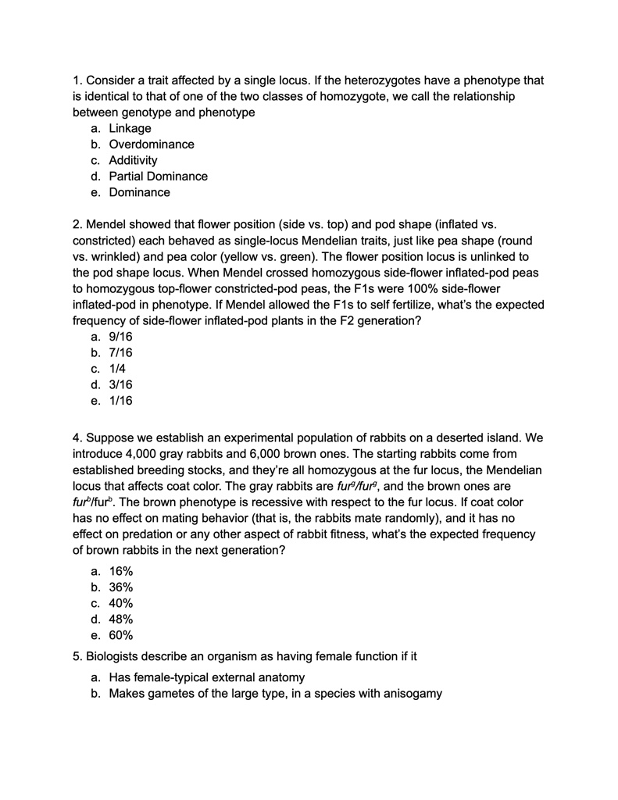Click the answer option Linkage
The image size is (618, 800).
tap(130, 129)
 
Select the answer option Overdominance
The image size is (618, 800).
tap(152, 145)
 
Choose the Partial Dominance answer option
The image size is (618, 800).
tap(158, 177)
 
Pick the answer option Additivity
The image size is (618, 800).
tap(133, 160)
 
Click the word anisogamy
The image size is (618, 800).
tap(408, 693)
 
